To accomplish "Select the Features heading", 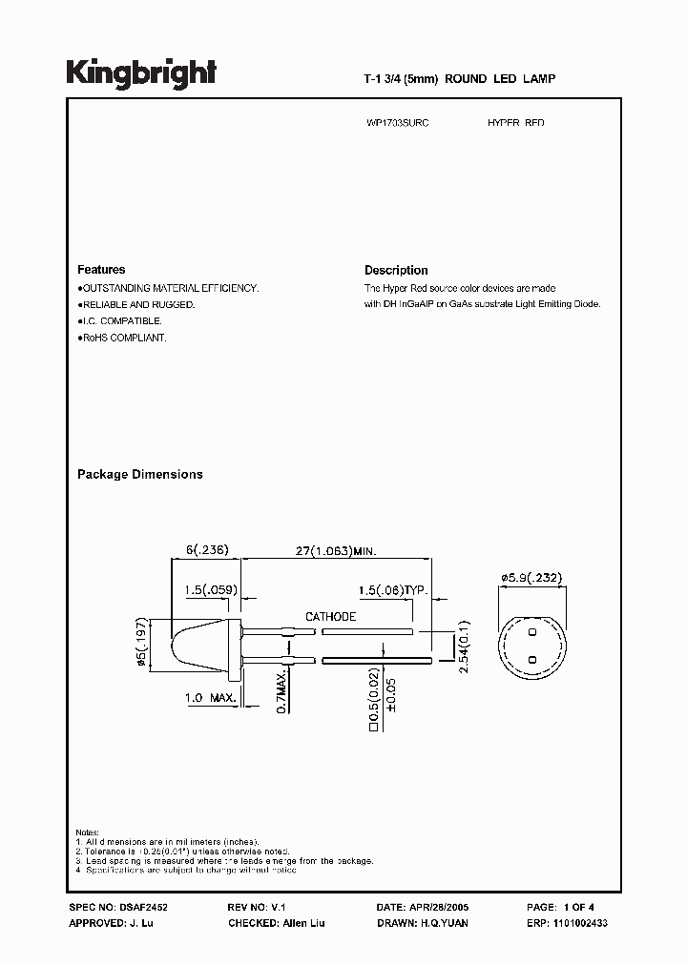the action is [x=101, y=270].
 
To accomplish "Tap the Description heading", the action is [x=396, y=271].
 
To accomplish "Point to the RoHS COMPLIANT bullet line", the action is [x=122, y=339].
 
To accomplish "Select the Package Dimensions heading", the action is [x=139, y=474].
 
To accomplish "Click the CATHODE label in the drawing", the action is [x=330, y=617].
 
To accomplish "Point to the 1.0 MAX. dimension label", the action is [x=211, y=699].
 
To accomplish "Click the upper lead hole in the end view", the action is [x=532, y=632].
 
